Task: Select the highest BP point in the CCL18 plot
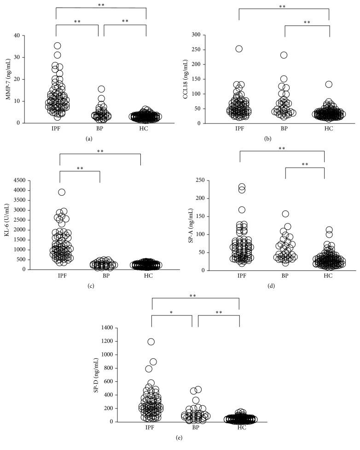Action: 284,55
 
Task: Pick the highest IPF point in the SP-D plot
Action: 151,342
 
